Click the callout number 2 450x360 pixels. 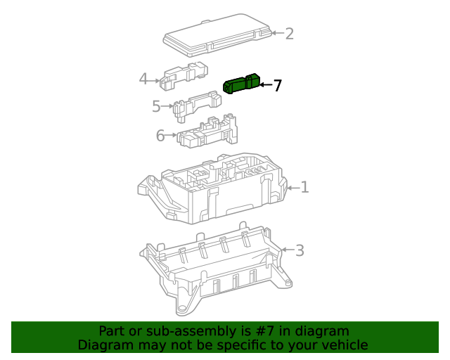pyautogui.click(x=289, y=34)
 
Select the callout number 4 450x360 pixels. pyautogui.click(x=143, y=79)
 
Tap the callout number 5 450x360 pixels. pyautogui.click(x=156, y=107)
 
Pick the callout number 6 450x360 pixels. pyautogui.click(x=160, y=136)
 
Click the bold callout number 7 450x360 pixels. pyautogui.click(x=277, y=86)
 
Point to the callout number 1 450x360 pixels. pyautogui.click(x=304, y=187)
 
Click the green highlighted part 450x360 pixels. pyautogui.click(x=240, y=84)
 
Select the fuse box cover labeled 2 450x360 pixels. pyautogui.click(x=215, y=34)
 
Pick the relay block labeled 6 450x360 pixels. pyautogui.click(x=207, y=131)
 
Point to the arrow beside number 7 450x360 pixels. pyautogui.click(x=264, y=85)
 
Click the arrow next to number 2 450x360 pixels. pyautogui.click(x=276, y=33)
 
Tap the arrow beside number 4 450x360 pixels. pyautogui.click(x=155, y=79)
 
